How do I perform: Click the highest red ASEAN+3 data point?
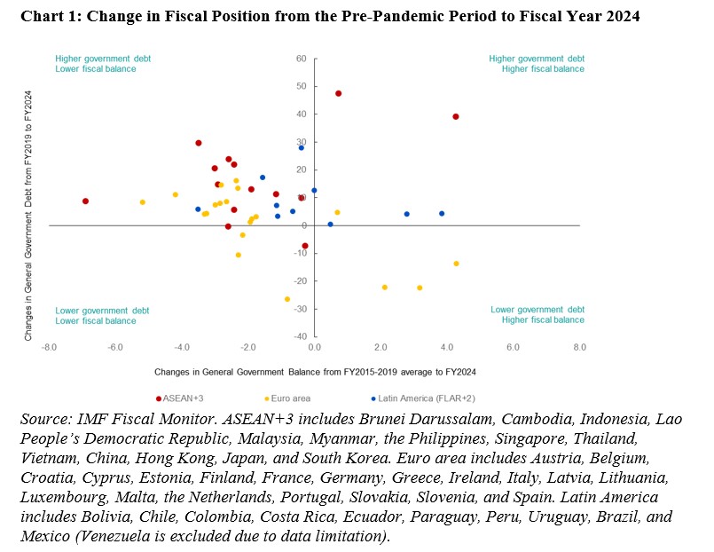[339, 93]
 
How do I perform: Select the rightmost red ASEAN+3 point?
[456, 116]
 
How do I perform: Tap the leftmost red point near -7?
[85, 201]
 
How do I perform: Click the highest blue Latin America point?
[302, 147]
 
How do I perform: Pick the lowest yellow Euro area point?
[287, 299]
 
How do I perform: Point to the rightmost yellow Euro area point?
[457, 264]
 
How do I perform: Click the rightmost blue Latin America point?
[442, 213]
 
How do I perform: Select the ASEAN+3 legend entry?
[177, 399]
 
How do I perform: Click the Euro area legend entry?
[288, 399]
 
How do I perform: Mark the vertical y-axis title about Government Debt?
[28, 216]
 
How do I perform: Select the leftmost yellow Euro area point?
[142, 202]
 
